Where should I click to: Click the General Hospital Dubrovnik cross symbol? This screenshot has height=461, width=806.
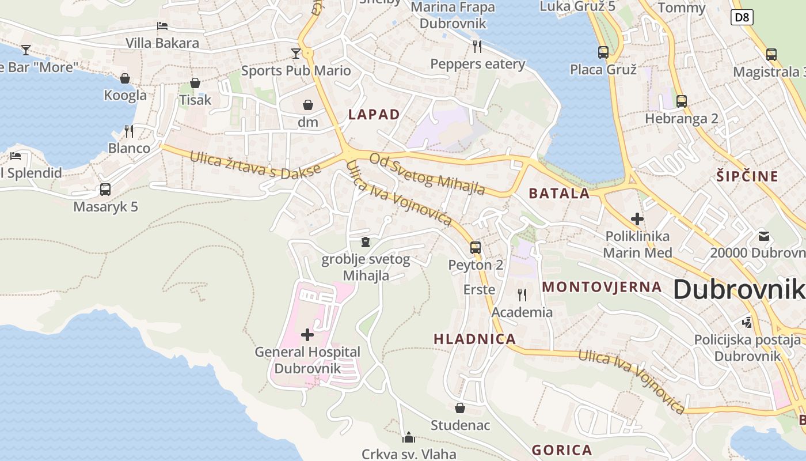(307, 334)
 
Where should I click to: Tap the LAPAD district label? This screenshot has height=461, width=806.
(374, 114)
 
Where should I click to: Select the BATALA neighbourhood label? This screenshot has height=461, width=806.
(559, 193)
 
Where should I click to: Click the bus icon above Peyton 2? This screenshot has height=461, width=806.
(475, 247)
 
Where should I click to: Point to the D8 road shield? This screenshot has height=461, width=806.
(742, 17)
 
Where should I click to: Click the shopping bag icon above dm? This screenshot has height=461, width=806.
(308, 105)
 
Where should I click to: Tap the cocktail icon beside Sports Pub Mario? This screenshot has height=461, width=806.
(296, 53)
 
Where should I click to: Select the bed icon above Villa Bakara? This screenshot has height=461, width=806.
(162, 26)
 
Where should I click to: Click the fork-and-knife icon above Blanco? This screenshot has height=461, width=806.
(129, 131)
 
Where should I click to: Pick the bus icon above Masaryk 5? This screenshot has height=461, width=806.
(105, 189)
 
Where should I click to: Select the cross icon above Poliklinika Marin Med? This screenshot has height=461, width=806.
(637, 219)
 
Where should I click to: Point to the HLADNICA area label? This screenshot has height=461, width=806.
(474, 339)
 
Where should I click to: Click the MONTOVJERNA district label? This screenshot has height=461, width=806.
(602, 286)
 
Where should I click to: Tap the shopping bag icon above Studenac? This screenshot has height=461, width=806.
(460, 408)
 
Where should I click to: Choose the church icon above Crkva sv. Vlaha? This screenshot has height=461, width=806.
(409, 437)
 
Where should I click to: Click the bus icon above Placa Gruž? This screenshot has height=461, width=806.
(603, 52)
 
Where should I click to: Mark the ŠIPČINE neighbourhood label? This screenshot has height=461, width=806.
(747, 176)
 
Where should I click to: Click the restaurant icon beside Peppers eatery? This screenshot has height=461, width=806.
(477, 46)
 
